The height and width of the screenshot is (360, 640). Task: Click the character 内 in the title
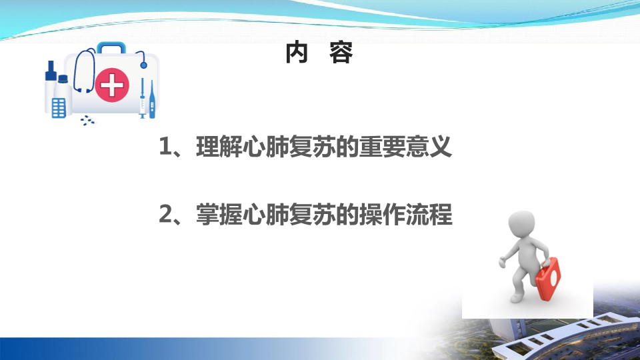click(296, 53)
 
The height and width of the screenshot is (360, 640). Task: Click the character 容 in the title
click(341, 53)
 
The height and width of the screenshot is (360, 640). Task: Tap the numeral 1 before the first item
click(165, 147)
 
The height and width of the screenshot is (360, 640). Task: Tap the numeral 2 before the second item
click(165, 214)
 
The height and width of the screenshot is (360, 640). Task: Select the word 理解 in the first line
click(219, 147)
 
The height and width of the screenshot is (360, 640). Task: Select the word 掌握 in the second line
click(219, 214)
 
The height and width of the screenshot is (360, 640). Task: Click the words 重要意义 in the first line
click(405, 147)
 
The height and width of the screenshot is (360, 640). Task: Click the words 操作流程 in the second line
click(405, 214)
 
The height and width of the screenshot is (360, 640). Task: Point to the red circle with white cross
click(112, 85)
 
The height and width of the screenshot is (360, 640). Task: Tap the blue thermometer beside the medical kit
click(152, 99)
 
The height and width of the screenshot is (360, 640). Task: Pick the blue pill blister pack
click(59, 108)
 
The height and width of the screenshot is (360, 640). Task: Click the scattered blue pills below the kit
click(87, 120)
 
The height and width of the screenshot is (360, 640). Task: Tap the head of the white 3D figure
click(521, 224)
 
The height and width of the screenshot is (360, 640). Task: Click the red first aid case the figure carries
click(548, 279)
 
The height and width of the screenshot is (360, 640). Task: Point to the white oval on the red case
click(553, 277)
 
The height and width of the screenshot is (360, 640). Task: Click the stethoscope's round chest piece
click(143, 65)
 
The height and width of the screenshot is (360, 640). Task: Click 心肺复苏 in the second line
click(289, 214)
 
